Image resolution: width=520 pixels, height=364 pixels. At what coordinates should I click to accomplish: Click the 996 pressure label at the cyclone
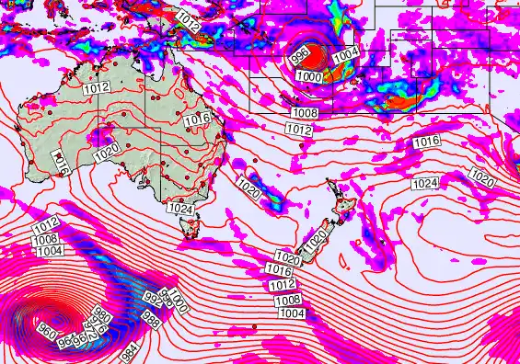(x=300, y=55)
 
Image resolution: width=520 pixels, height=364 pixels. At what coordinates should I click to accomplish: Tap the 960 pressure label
(x=46, y=327)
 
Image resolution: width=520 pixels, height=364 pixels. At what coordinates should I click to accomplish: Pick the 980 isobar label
(x=102, y=319)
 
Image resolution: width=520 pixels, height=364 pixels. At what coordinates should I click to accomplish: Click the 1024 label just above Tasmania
(x=179, y=210)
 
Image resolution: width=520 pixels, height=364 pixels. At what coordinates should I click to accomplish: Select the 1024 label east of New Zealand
(x=425, y=185)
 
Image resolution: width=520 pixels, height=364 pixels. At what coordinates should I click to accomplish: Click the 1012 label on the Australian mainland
(x=96, y=88)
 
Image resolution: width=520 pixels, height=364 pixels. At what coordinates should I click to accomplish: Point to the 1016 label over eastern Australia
(x=198, y=119)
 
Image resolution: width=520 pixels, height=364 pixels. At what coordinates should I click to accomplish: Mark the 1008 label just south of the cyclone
(x=305, y=113)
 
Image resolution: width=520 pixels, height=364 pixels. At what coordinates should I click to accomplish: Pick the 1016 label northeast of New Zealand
(x=425, y=142)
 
